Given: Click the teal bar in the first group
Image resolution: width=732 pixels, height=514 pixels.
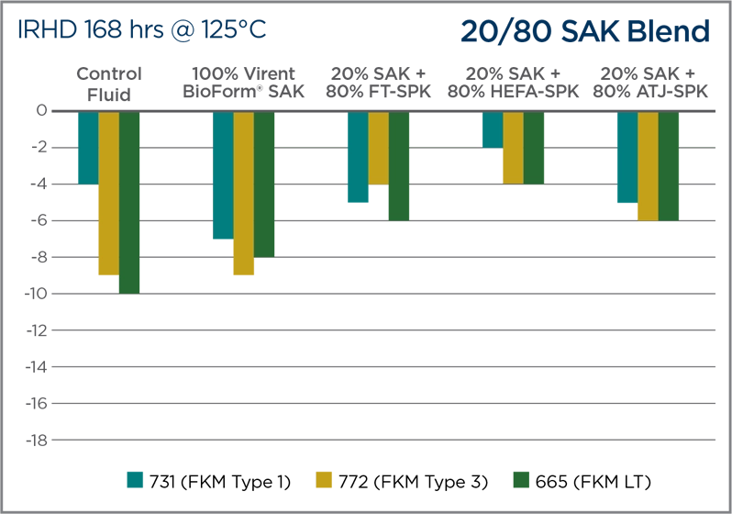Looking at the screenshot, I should pyautogui.click(x=85, y=147).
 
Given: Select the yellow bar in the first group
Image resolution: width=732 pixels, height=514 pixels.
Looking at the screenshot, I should pyautogui.click(x=107, y=193).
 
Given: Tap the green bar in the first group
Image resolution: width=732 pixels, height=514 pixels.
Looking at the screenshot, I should pyautogui.click(x=129, y=202).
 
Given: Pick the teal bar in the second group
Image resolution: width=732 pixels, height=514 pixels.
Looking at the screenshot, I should pyautogui.click(x=222, y=174).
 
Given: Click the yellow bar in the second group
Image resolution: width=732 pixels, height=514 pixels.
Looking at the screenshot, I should pyautogui.click(x=243, y=184).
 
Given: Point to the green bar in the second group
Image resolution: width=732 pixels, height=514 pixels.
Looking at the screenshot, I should pyautogui.click(x=265, y=184).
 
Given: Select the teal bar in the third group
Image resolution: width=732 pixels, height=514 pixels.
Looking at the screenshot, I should pyautogui.click(x=356, y=156).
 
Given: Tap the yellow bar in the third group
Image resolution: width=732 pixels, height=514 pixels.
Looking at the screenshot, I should pyautogui.click(x=378, y=147).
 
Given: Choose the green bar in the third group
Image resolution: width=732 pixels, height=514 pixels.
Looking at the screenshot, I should pyautogui.click(x=399, y=165).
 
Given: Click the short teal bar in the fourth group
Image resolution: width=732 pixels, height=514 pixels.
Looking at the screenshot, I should pyautogui.click(x=490, y=129).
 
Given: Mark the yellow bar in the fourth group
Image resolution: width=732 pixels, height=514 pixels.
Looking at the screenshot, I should pyautogui.click(x=512, y=147).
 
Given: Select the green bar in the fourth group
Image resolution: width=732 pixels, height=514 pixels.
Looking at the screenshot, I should pyautogui.click(x=535, y=147).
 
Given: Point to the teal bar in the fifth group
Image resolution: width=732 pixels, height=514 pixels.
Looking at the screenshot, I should pyautogui.click(x=626, y=156).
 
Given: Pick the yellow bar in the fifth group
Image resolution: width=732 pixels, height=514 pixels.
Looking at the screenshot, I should pyautogui.click(x=648, y=165).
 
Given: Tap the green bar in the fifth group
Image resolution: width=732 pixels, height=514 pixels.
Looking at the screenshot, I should pyautogui.click(x=670, y=165).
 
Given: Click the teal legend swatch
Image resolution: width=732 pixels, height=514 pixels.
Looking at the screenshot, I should pyautogui.click(x=136, y=481).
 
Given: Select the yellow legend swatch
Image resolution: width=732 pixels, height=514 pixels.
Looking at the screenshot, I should pyautogui.click(x=327, y=481).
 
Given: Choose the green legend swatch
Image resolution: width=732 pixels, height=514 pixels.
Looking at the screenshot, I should pyautogui.click(x=520, y=481).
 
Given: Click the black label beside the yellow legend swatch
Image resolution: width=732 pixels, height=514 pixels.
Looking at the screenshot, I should pyautogui.click(x=421, y=481).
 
